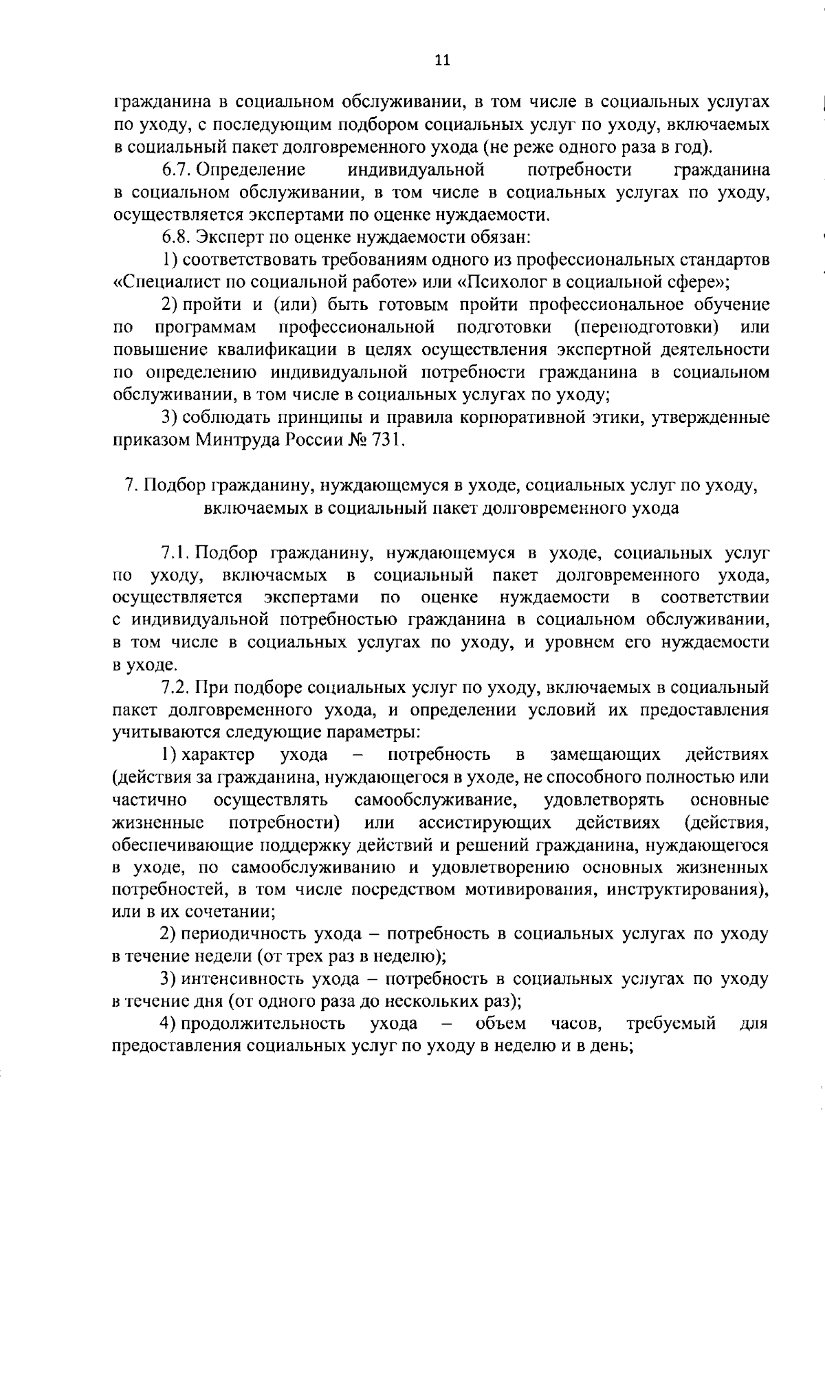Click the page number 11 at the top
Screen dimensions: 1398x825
[443, 60]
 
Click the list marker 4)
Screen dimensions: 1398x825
[168, 1023]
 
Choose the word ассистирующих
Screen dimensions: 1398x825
[485, 822]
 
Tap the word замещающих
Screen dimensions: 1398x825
[606, 754]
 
